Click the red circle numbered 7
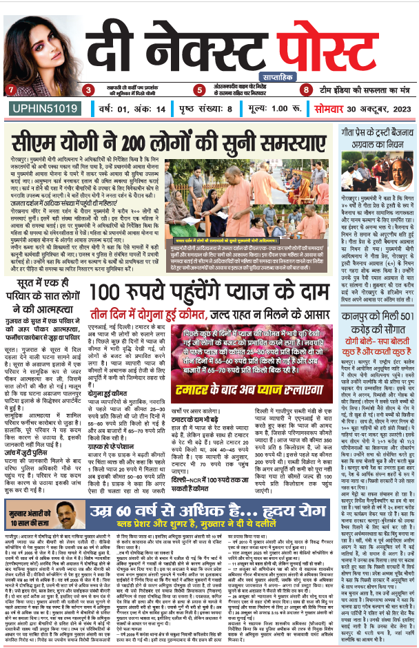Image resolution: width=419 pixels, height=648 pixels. [10, 90]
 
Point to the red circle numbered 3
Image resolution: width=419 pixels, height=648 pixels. [88, 90]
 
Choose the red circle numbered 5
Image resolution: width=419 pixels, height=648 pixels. [199, 90]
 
